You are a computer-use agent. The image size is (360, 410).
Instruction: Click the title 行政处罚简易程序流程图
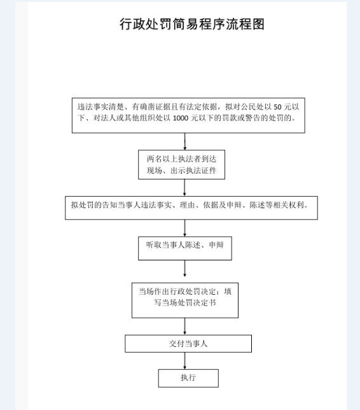click(192, 24)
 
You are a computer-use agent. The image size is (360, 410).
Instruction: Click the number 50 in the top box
click(277, 107)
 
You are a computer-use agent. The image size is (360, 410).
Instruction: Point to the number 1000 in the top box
click(181, 118)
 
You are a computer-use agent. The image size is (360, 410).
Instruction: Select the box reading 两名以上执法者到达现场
click(181, 164)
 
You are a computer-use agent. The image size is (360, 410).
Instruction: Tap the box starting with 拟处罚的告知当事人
click(191, 208)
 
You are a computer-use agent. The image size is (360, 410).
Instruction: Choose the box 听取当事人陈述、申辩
click(185, 248)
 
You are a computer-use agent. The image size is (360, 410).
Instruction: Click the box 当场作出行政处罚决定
click(185, 300)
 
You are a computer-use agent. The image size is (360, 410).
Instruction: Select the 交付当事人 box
click(188, 344)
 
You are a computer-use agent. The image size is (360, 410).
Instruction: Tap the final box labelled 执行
click(188, 378)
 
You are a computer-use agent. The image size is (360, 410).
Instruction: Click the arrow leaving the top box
click(185, 141)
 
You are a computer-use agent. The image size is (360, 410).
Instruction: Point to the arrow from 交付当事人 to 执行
click(185, 361)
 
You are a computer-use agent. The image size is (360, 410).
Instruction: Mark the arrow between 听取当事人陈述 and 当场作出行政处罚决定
click(185, 269)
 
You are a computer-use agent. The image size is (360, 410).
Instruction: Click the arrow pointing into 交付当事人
click(185, 327)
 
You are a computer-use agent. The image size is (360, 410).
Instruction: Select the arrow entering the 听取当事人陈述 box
click(185, 228)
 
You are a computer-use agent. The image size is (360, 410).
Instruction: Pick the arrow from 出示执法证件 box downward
click(184, 187)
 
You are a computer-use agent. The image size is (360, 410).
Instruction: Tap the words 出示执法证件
click(193, 171)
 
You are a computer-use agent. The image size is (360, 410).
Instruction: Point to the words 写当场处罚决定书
click(185, 303)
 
